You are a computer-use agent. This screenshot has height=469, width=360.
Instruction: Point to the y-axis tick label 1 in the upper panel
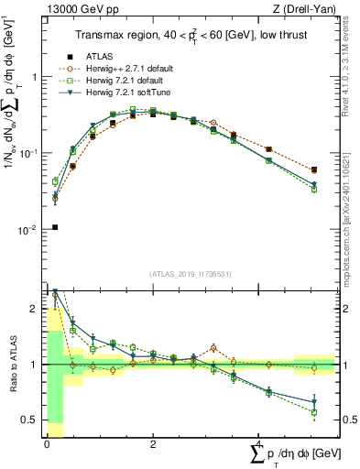point(35,77)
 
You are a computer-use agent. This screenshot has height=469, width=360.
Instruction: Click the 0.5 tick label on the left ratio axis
point(28,420)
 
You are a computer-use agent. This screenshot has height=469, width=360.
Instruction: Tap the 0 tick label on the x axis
point(46,445)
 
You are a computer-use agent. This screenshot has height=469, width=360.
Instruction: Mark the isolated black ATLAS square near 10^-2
point(55,227)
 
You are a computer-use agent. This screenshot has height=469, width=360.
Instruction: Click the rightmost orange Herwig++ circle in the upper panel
point(314,170)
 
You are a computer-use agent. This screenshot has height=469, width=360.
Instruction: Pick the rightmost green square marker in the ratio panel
point(314,412)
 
